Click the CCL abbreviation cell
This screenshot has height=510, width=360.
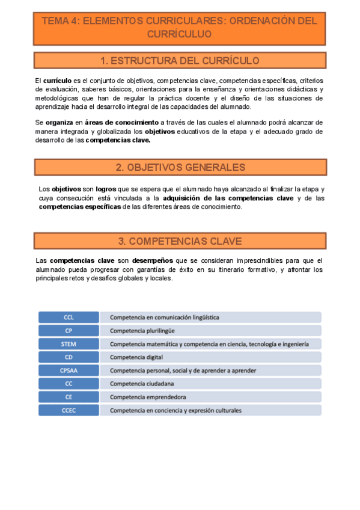(69, 317)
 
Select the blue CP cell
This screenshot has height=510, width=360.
(69, 330)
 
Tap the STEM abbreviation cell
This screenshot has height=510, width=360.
(69, 344)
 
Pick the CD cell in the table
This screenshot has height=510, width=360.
(69, 357)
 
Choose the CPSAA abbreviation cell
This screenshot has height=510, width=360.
(69, 370)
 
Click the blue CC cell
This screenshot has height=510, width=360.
(69, 384)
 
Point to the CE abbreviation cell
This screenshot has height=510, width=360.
(69, 397)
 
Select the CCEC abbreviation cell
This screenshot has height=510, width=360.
(69, 410)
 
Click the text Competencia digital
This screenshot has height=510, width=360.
(136, 357)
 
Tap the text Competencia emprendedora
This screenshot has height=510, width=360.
(147, 397)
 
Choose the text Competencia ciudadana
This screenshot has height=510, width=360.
(142, 384)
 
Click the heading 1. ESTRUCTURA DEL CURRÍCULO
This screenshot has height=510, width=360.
(180, 61)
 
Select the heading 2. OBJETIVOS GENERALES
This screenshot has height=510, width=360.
(180, 167)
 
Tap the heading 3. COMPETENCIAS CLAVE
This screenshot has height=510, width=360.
(180, 241)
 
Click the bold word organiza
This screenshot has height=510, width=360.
(59, 122)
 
